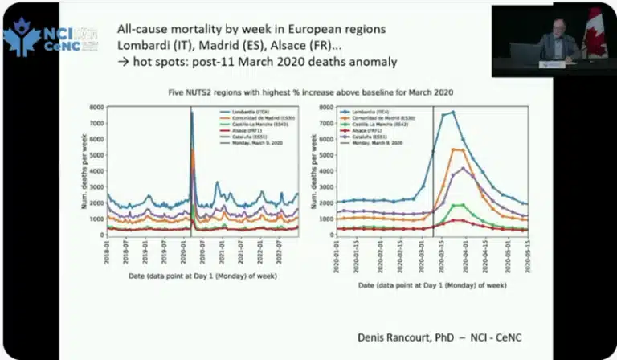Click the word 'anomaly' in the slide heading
[374, 61]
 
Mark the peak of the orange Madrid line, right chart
[455, 149]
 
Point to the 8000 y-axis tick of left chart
[97, 107]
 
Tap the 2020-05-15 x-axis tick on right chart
[525, 260]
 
